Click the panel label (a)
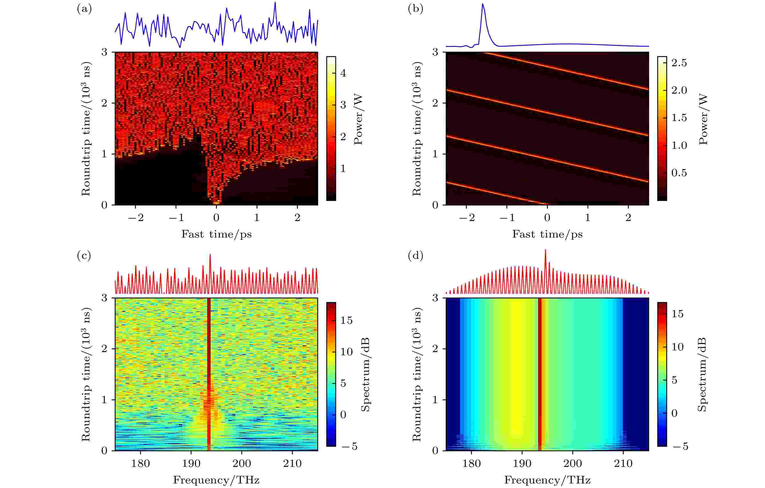point(84,9)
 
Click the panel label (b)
point(415,9)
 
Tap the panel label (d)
point(415,256)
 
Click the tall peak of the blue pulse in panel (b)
point(483,5)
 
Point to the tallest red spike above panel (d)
point(545,250)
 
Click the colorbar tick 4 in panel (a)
point(343,73)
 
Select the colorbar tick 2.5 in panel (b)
point(679,63)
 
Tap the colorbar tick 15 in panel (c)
point(346,320)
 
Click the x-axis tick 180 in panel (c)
point(140,463)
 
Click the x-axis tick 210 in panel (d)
point(623,463)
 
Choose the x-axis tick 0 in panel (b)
point(547,218)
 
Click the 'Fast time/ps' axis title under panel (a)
point(216,234)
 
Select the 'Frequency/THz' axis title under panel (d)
point(547,480)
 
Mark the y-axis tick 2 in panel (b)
point(435,103)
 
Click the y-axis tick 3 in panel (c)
point(104,298)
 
